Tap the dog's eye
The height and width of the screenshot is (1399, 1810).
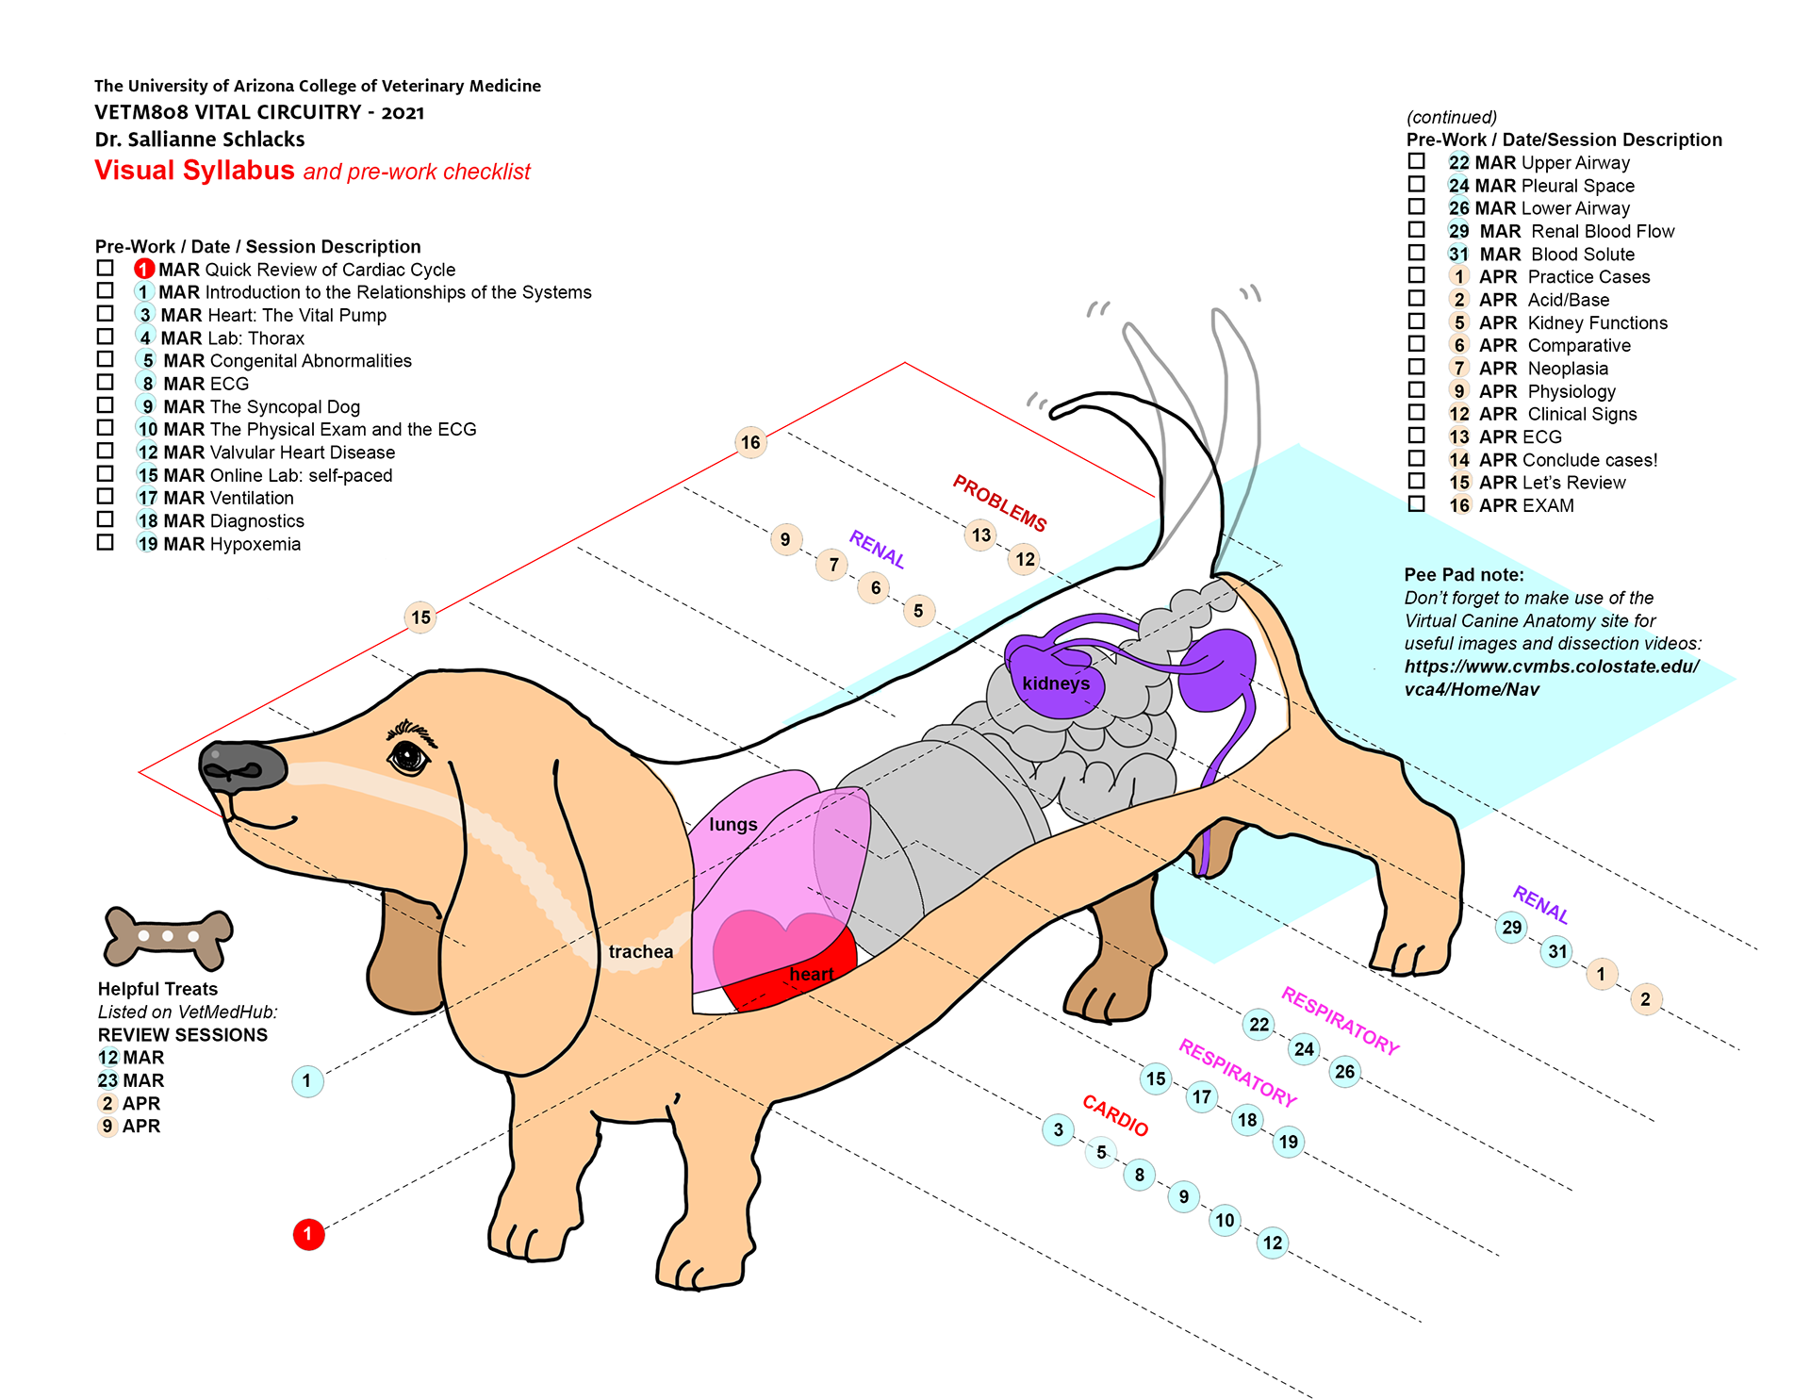pyautogui.click(x=408, y=756)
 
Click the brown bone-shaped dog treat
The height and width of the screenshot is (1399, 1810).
pyautogui.click(x=168, y=937)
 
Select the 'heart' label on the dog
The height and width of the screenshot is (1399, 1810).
pyautogui.click(x=812, y=974)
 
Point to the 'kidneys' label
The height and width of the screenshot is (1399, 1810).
pyautogui.click(x=1056, y=683)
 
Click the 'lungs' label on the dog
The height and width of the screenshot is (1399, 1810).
pyautogui.click(x=733, y=824)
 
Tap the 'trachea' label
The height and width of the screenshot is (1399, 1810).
pyautogui.click(x=641, y=951)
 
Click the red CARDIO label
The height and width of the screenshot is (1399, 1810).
pyautogui.click(x=1115, y=1115)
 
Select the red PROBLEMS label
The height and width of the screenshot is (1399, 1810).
pyautogui.click(x=999, y=502)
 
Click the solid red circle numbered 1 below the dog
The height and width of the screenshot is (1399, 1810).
pyautogui.click(x=308, y=1234)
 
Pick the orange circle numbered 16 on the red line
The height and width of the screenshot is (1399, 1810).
pyautogui.click(x=750, y=442)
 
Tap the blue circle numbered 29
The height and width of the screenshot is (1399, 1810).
pyautogui.click(x=1511, y=927)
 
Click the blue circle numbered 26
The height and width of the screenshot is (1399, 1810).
pyautogui.click(x=1344, y=1071)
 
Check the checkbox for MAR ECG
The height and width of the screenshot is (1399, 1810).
pyautogui.click(x=106, y=382)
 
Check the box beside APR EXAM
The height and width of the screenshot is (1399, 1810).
pyautogui.click(x=1416, y=503)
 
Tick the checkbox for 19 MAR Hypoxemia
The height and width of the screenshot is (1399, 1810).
pyautogui.click(x=106, y=542)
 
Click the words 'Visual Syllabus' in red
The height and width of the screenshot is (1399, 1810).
pyautogui.click(x=194, y=171)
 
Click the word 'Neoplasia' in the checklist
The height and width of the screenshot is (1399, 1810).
pyautogui.click(x=1568, y=369)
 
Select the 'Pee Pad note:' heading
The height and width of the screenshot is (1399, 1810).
pyautogui.click(x=1463, y=575)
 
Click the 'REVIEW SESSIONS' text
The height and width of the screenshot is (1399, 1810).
pyautogui.click(x=183, y=1034)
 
